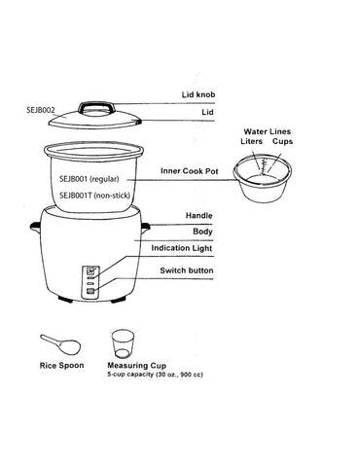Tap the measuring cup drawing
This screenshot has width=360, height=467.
pos(122,341)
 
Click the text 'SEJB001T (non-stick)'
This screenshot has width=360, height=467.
pos(94,195)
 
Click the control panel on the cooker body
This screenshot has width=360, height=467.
pos(90,279)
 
